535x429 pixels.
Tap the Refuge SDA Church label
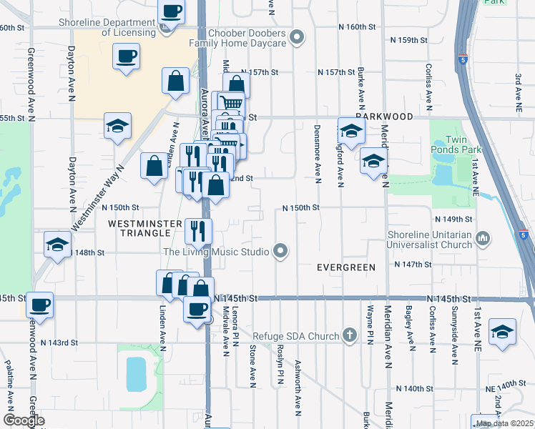(x=299, y=335)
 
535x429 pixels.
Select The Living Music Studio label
(x=216, y=251)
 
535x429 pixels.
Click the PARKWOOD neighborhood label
(x=384, y=116)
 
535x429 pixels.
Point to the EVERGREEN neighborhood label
(x=346, y=267)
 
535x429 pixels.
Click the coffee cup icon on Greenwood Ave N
(x=40, y=305)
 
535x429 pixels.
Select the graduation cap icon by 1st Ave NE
(x=503, y=332)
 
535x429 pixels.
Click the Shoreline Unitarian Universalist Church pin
(x=484, y=237)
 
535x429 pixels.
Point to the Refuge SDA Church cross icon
(x=350, y=335)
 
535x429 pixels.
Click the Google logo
(x=23, y=420)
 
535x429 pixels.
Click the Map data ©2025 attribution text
(x=504, y=423)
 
